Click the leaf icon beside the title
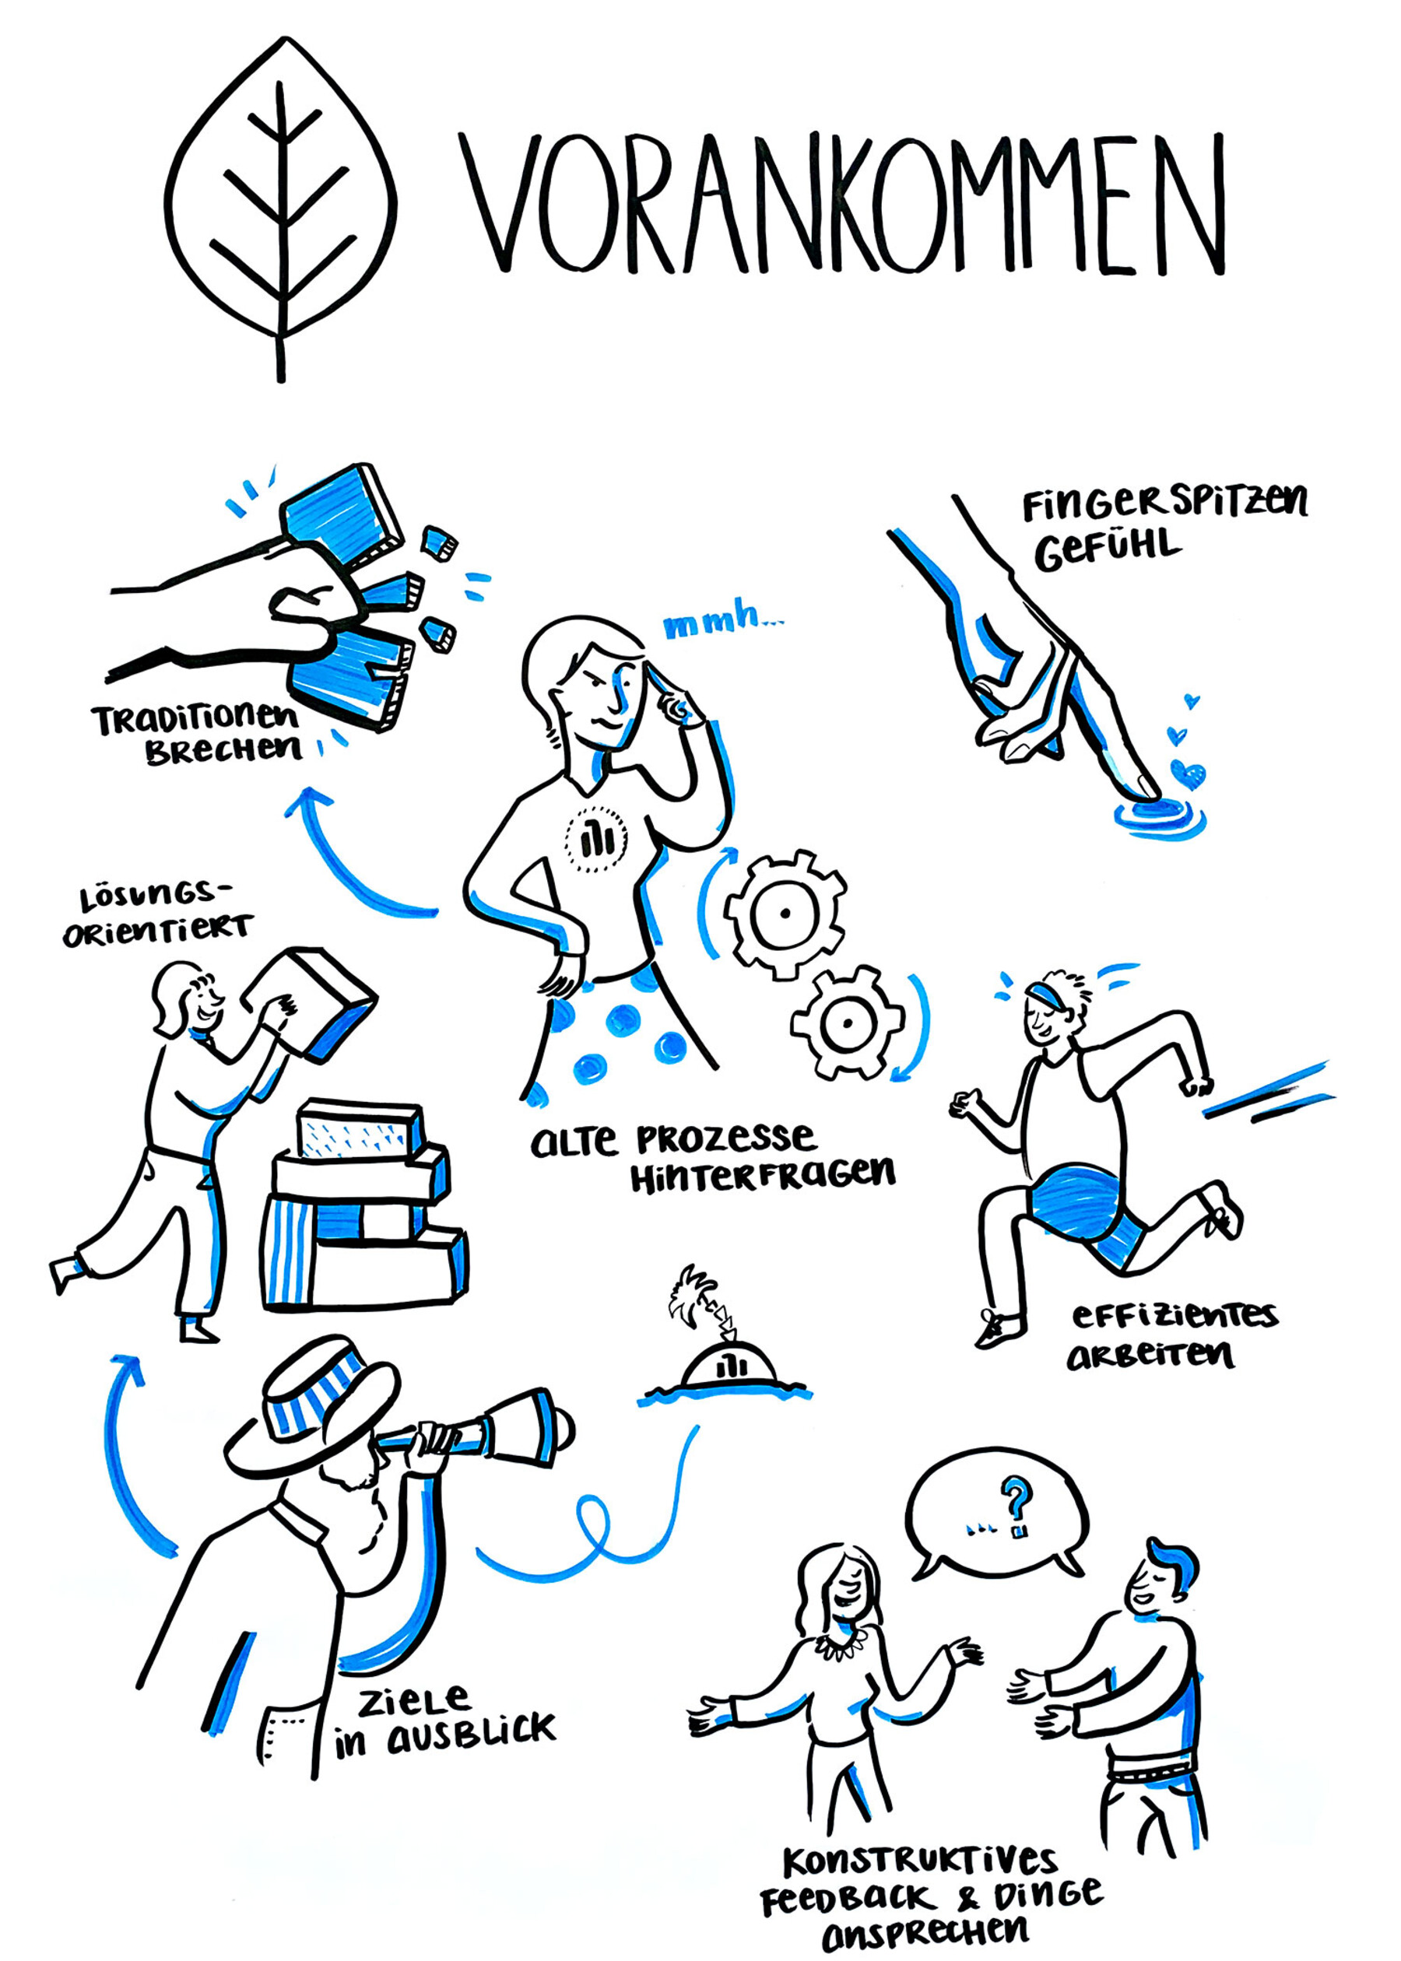click(280, 207)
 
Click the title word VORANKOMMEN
click(841, 205)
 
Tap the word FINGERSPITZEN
click(1164, 503)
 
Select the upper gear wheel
click(785, 914)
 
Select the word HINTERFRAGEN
click(763, 1177)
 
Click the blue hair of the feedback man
click(1177, 1560)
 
